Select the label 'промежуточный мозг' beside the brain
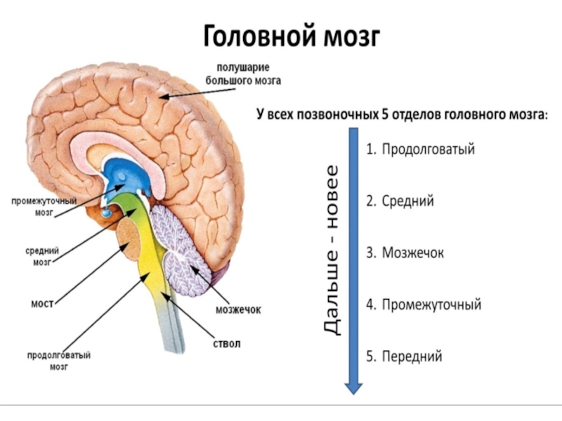pyautogui.click(x=44, y=206)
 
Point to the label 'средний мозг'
pyautogui.click(x=42, y=257)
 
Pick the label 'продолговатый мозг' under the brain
pyautogui.click(x=59, y=360)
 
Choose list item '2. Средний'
pyautogui.click(x=400, y=201)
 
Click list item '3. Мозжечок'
pyautogui.click(x=405, y=253)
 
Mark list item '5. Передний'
pyautogui.click(x=404, y=356)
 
